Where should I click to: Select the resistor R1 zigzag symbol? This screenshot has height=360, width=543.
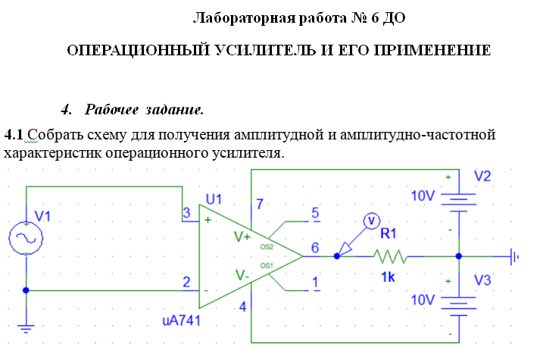point(391,257)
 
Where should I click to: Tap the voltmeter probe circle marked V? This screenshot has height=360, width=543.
point(371,220)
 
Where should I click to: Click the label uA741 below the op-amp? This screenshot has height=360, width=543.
point(182,320)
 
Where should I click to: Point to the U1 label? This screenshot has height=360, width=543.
point(214,200)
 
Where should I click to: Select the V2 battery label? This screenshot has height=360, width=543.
point(482,177)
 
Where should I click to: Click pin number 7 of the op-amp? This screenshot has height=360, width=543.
point(260,205)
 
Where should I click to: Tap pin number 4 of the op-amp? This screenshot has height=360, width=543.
point(243,308)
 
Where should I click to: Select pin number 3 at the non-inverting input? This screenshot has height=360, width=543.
point(186,212)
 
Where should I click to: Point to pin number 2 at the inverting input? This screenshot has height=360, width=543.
point(186,282)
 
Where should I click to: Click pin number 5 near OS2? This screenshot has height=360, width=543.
point(316,212)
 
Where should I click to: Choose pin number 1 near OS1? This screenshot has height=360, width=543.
point(316,283)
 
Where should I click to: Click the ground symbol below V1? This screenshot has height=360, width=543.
point(27,329)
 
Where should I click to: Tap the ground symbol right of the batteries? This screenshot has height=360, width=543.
point(516,257)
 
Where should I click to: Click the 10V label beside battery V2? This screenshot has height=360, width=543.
point(424,196)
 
